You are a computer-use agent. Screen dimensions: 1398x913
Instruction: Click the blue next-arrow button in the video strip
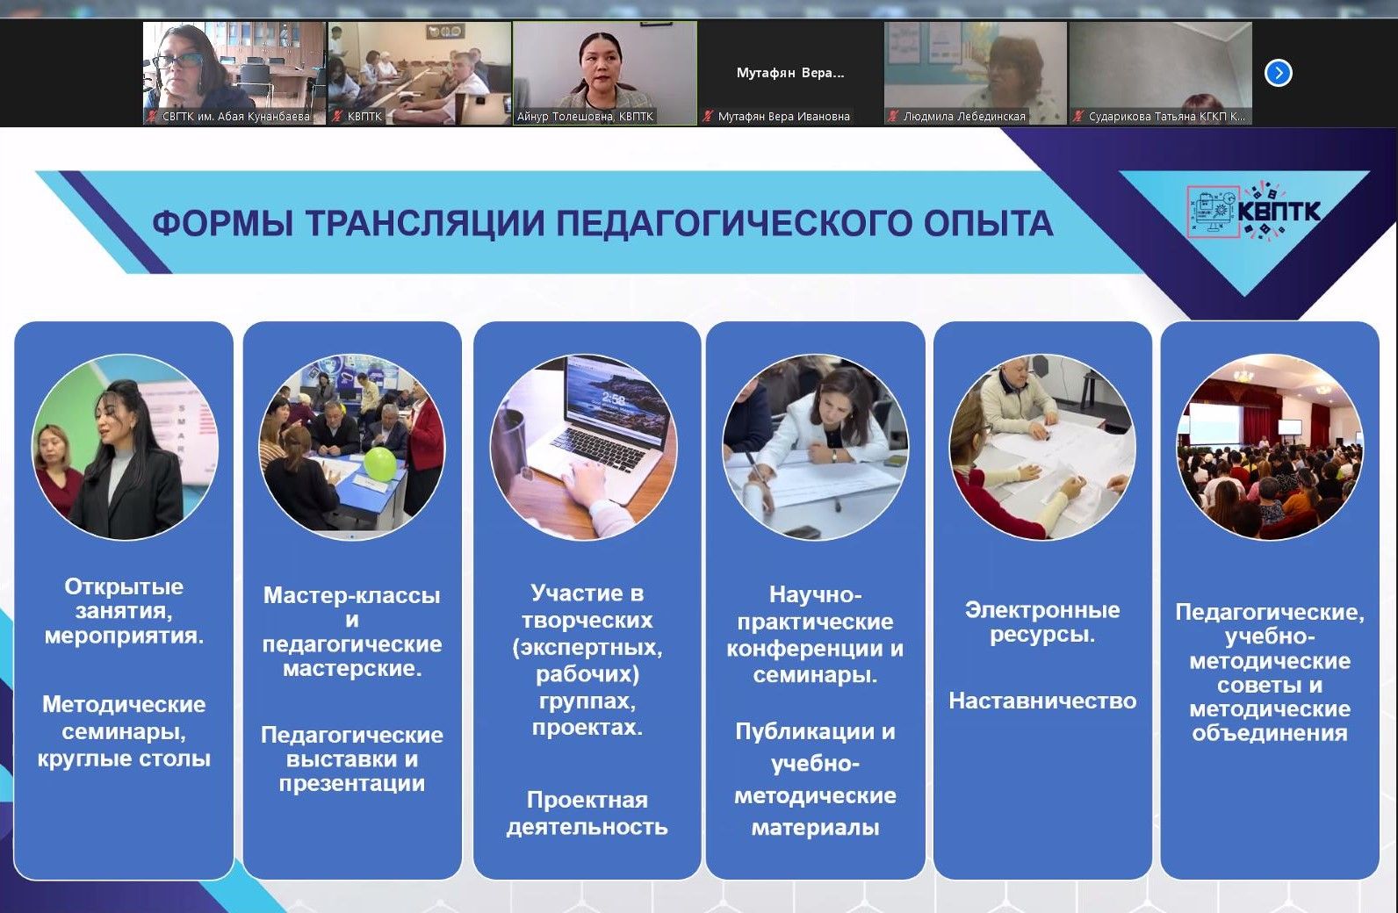[x=1278, y=73]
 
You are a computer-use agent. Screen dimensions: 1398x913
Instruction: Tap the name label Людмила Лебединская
[x=964, y=117]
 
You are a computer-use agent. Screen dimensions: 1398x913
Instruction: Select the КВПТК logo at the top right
[x=1253, y=211]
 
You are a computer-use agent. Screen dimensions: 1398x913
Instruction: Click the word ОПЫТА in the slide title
[x=989, y=223]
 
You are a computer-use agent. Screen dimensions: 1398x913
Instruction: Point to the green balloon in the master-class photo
[x=379, y=464]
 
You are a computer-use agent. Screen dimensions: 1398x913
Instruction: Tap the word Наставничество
[x=1042, y=701]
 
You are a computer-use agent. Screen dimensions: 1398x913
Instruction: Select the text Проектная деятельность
[x=587, y=813]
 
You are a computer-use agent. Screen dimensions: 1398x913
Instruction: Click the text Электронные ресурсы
[x=1042, y=622]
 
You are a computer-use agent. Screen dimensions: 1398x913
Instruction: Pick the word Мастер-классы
[x=352, y=594]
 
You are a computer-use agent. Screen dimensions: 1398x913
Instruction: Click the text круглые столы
[x=124, y=758]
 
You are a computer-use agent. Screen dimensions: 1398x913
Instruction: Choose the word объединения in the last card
[x=1270, y=733]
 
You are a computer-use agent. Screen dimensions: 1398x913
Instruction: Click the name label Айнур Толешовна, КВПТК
[x=585, y=117]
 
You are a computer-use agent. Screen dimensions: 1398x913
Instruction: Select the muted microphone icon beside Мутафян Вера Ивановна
[x=708, y=116]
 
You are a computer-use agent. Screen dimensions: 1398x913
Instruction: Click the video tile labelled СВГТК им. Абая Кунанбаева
[x=234, y=73]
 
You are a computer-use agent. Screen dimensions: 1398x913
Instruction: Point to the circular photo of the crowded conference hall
[x=1270, y=447]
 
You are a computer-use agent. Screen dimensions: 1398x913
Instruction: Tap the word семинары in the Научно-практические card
[x=815, y=675]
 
